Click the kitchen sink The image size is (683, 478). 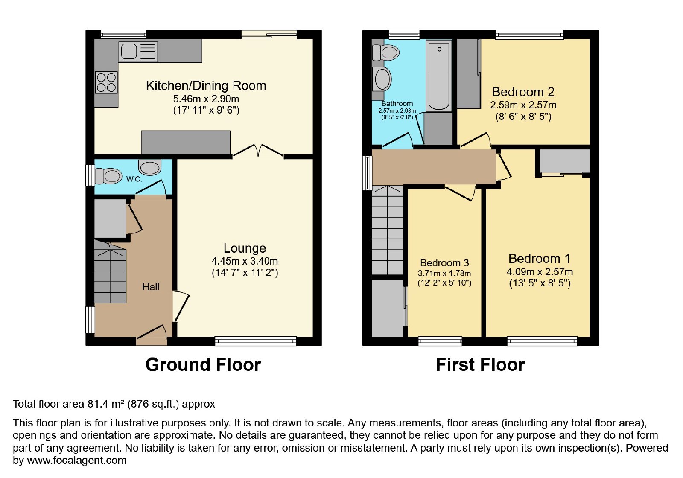coord(138,51)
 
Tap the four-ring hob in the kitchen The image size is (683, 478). coord(106,83)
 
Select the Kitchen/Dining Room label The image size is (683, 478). coord(206,86)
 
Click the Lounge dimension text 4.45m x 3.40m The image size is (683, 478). coord(245,261)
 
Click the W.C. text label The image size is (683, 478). coord(134,179)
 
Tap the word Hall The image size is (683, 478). coord(151,287)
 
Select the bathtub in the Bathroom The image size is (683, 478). coord(439,76)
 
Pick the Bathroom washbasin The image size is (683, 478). coord(382,79)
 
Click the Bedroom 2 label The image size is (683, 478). coord(523,92)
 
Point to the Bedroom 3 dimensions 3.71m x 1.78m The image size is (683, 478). coord(444,274)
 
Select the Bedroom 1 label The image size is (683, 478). coord(540,259)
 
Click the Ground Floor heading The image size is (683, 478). coord(203,364)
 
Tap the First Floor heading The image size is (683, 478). coord(481,364)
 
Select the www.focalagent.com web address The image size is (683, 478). coord(76,461)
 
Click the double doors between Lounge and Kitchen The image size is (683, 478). coord(258,151)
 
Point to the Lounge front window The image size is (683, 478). coord(256,341)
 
